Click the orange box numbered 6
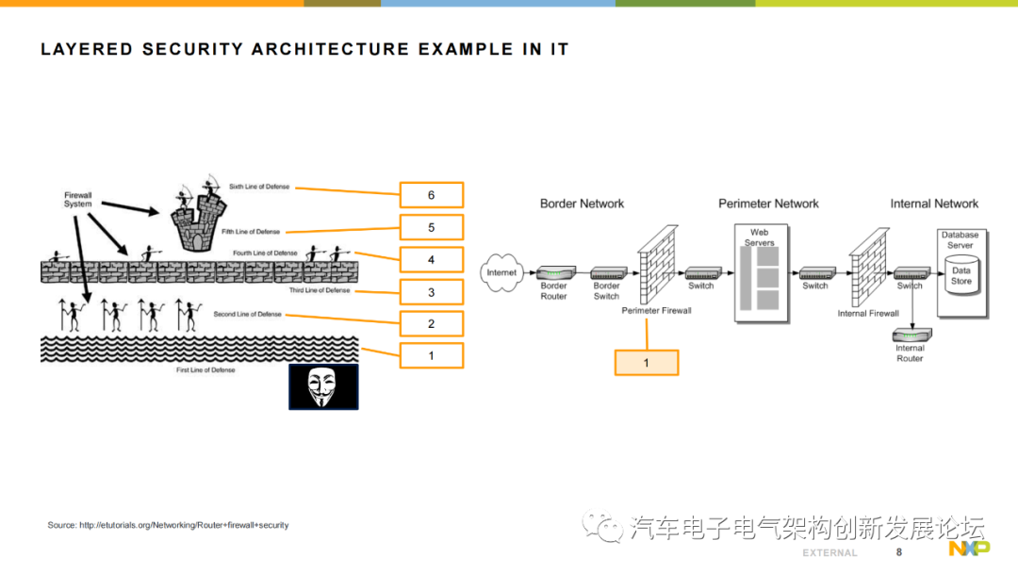[432, 195]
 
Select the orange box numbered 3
[432, 292]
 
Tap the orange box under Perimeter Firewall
[646, 363]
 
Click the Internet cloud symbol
[501, 272]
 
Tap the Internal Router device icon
[910, 334]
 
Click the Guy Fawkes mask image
[323, 386]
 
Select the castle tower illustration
[199, 221]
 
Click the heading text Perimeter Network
[768, 204]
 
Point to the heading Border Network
[582, 204]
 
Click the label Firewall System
[78, 200]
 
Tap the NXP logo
[968, 550]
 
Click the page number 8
[898, 551]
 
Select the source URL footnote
[168, 525]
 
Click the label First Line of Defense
[205, 370]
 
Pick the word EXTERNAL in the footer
[829, 552]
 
